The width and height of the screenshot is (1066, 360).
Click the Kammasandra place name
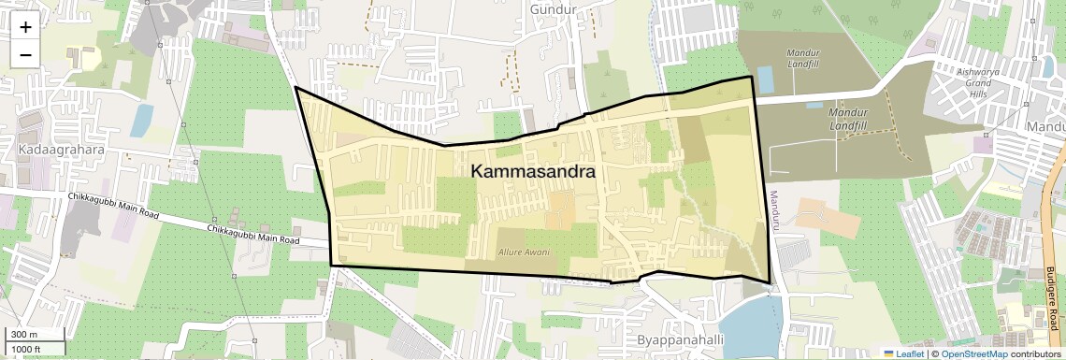534,172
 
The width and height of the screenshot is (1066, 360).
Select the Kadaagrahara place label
58,150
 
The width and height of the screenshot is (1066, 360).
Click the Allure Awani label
524,252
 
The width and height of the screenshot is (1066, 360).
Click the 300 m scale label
24,335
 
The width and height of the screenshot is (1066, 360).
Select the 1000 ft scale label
26,349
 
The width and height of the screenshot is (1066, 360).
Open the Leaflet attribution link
903,353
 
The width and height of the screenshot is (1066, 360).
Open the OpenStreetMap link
974,353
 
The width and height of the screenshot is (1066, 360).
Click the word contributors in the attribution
1036,353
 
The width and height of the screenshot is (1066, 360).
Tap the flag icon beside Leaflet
887,353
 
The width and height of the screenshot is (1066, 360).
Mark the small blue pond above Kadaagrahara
142,120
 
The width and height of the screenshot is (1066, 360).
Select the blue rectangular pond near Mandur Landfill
765,79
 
